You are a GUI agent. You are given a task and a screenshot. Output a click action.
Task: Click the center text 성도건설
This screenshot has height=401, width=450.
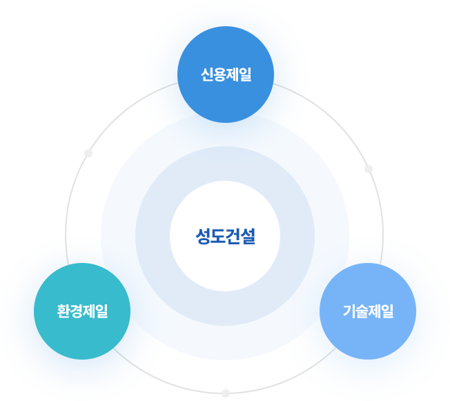(225, 237)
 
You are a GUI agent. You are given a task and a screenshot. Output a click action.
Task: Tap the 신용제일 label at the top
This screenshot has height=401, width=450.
(226, 75)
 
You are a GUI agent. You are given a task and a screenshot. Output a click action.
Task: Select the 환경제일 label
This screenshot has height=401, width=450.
(82, 311)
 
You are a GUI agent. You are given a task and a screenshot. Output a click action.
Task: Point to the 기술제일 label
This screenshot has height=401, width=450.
(368, 311)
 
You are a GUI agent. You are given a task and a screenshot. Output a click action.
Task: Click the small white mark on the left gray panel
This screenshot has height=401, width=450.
(88, 153)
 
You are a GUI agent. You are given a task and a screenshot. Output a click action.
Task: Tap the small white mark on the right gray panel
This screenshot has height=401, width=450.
(368, 168)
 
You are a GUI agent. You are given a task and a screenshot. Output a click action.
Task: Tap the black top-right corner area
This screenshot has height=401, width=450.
(414, 35)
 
